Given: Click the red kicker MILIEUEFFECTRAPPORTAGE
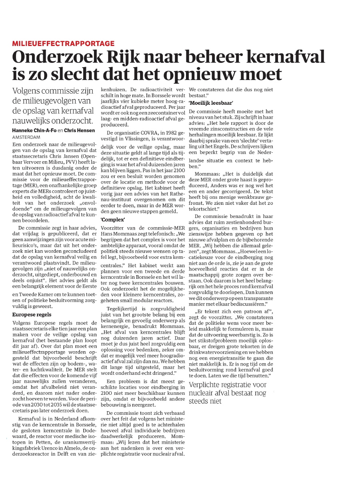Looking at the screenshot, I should pos(63,44).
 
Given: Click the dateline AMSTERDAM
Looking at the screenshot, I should pos(27,137).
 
